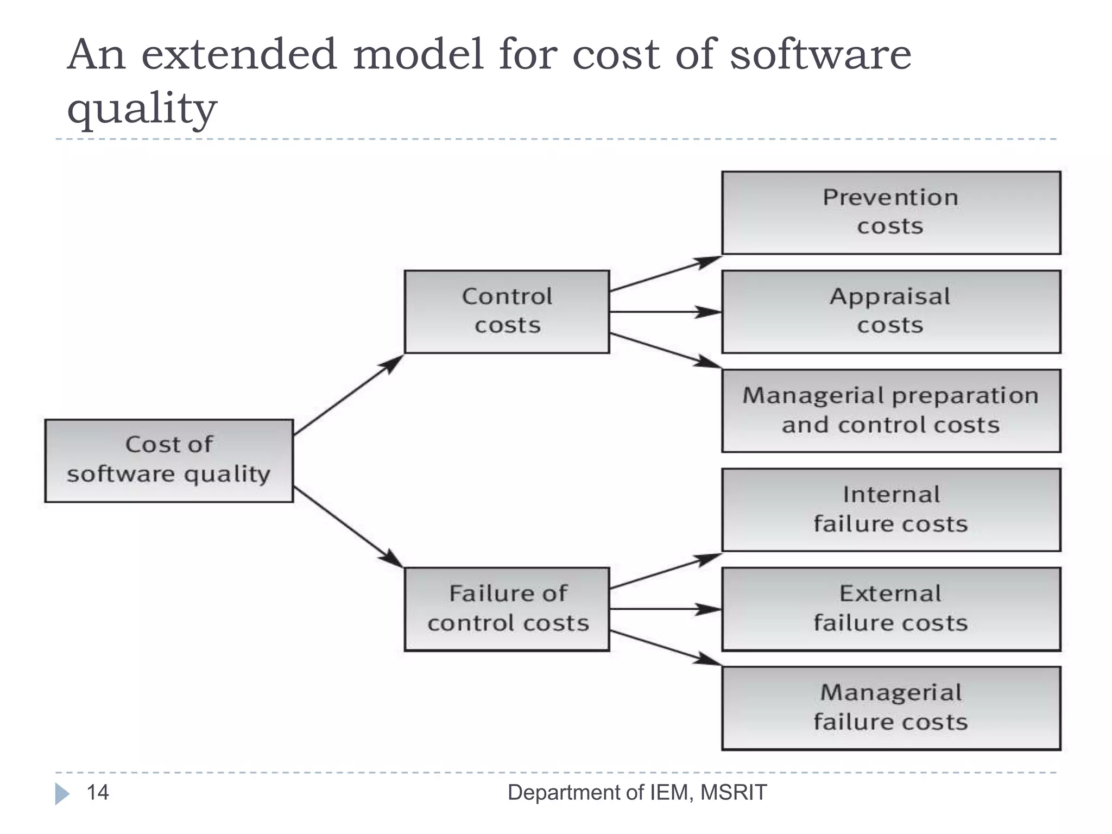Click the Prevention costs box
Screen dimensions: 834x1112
[890, 212]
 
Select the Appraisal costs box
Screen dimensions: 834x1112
[890, 312]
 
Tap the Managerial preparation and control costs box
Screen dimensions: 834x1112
[890, 410]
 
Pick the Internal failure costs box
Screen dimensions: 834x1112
[890, 510]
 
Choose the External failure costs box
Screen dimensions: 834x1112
[890, 609]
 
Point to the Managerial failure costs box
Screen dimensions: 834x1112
[890, 708]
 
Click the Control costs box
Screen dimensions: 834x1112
[507, 312]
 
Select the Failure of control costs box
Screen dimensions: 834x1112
[507, 609]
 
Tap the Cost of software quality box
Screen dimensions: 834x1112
[169, 460]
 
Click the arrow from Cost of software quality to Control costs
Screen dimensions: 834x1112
[348, 395]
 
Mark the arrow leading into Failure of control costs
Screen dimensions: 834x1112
[348, 527]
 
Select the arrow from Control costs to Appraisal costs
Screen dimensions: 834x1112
[665, 312]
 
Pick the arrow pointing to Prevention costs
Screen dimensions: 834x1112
[665, 274]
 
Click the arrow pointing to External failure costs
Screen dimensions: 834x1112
[665, 609]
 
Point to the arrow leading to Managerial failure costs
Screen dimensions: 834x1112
[665, 647]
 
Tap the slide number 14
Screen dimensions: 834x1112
[98, 793]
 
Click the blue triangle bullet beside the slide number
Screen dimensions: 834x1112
[62, 794]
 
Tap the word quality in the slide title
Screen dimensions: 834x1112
[142, 108]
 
